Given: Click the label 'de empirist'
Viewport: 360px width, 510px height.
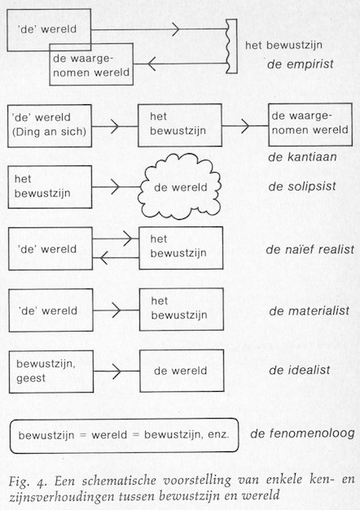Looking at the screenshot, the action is pyautogui.click(x=301, y=64).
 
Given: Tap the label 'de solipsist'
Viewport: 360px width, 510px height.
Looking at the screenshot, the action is pyautogui.click(x=302, y=187).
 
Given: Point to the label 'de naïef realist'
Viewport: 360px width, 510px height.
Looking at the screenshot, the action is pyautogui.click(x=310, y=249).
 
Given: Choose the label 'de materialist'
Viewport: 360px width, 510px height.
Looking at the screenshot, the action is pyautogui.click(x=309, y=311).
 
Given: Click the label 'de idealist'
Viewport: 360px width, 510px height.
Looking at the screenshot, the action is pyautogui.click(x=300, y=370).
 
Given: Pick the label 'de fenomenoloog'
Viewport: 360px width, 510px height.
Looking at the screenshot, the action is pyautogui.click(x=302, y=433).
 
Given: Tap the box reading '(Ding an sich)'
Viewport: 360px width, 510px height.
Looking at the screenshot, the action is pyautogui.click(x=50, y=126).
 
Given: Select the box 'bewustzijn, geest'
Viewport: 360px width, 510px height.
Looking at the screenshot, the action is pyautogui.click(x=51, y=372).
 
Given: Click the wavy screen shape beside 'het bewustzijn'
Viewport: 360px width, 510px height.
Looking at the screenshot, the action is pyautogui.click(x=231, y=46).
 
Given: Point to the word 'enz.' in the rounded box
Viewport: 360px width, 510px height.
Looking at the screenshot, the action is pyautogui.click(x=218, y=435).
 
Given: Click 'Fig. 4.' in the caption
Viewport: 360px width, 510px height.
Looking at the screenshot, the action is pyautogui.click(x=28, y=481).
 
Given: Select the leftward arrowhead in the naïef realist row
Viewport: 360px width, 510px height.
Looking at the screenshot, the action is pyautogui.click(x=103, y=258).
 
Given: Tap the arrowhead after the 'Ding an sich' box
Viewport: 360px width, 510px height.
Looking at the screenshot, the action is pyautogui.click(x=115, y=126).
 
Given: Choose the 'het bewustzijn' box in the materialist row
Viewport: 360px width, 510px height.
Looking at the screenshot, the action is pyautogui.click(x=182, y=310).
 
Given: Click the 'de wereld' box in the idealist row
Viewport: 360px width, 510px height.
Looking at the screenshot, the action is pyautogui.click(x=182, y=371).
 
